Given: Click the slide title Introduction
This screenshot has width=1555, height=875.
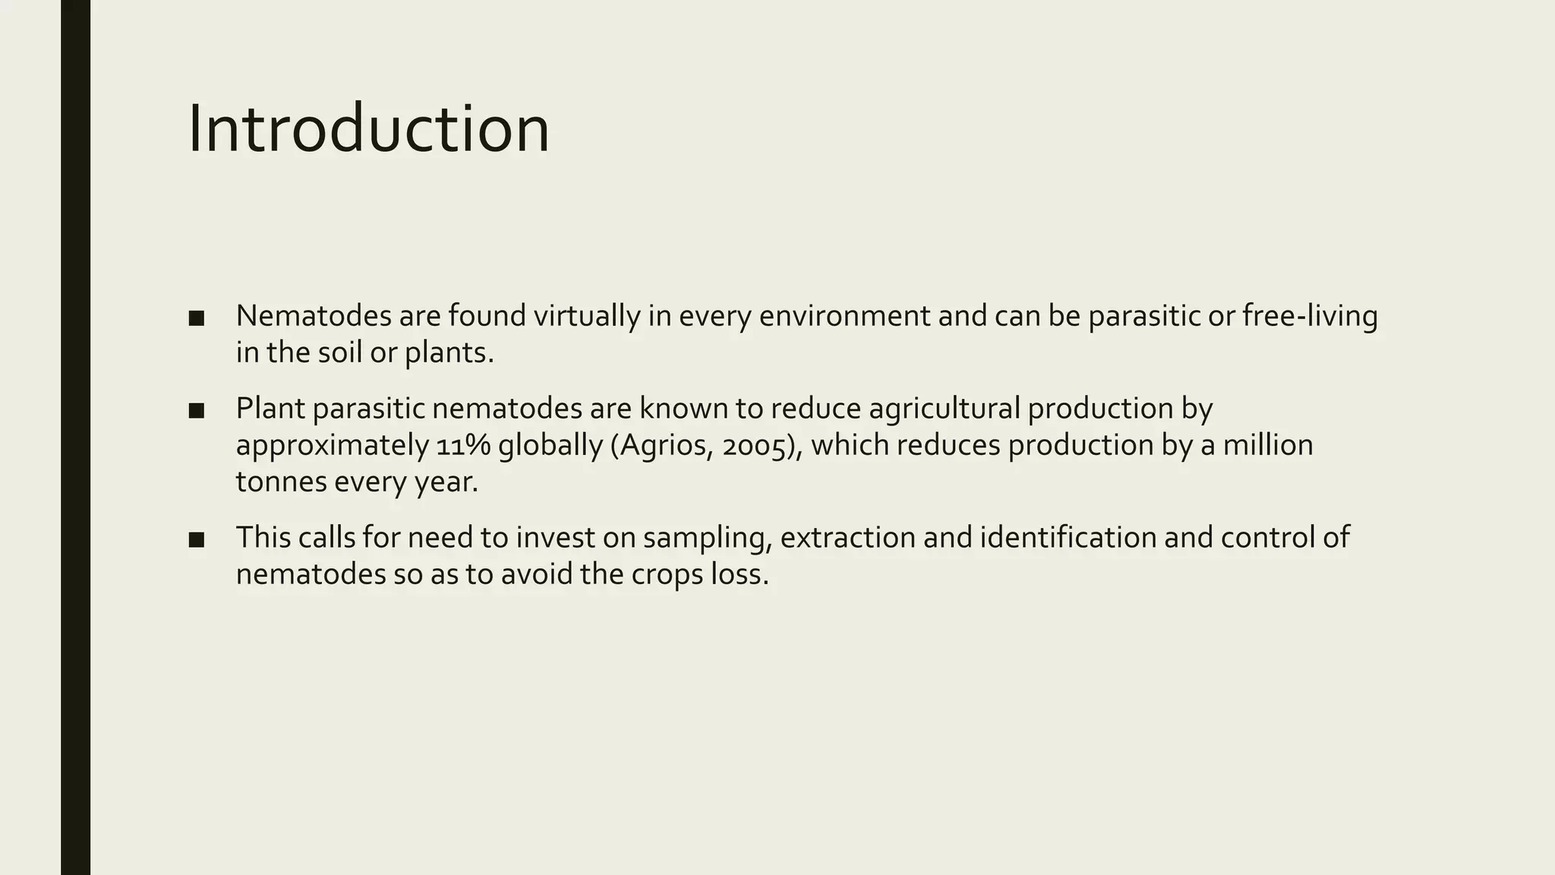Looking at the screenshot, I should click(x=368, y=129).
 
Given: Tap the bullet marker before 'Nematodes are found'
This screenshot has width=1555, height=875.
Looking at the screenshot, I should click(x=197, y=318).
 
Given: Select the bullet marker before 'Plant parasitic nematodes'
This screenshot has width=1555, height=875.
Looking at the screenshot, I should click(x=197, y=411).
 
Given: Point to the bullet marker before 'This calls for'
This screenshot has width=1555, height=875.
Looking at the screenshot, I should click(x=197, y=540).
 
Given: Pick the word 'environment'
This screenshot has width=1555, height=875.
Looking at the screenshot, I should click(x=844, y=316).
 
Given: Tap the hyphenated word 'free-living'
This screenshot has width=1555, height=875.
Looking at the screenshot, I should click(x=1310, y=316).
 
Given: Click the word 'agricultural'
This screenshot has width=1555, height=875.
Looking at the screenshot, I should click(x=945, y=409).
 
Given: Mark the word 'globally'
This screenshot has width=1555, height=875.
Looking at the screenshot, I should click(x=550, y=445).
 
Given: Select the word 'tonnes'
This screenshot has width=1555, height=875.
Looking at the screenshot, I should click(x=281, y=482).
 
